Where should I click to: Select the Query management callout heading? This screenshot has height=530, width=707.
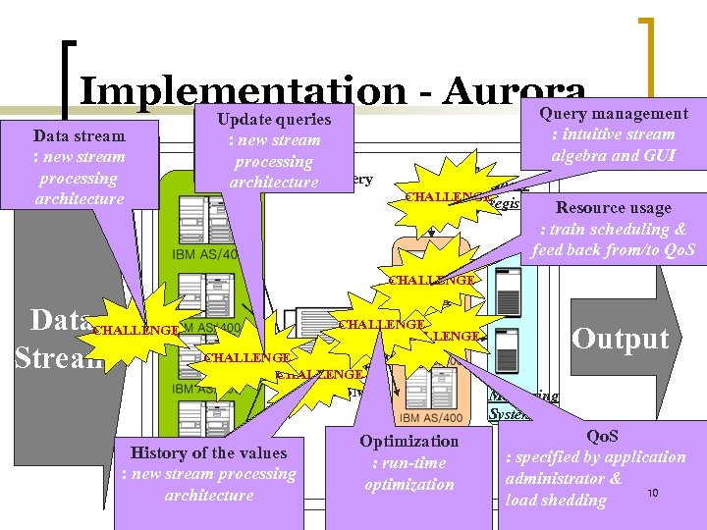614,114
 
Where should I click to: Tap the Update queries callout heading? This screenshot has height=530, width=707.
273,120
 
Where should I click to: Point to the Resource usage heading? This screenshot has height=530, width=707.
613,208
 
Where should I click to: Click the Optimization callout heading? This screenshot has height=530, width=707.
408,442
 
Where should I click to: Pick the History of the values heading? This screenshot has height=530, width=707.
209,452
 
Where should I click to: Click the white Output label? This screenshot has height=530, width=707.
620,339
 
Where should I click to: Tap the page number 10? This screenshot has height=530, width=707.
652,493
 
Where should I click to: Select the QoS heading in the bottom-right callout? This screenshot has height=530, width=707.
602,435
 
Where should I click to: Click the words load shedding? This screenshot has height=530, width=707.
556,500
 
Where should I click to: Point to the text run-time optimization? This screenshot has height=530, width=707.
408,474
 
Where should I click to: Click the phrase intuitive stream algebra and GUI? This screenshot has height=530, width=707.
613,145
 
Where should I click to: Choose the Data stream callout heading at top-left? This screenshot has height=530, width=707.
79,135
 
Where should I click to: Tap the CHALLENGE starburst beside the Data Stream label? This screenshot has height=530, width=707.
135,331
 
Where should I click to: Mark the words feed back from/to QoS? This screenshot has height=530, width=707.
613,249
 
